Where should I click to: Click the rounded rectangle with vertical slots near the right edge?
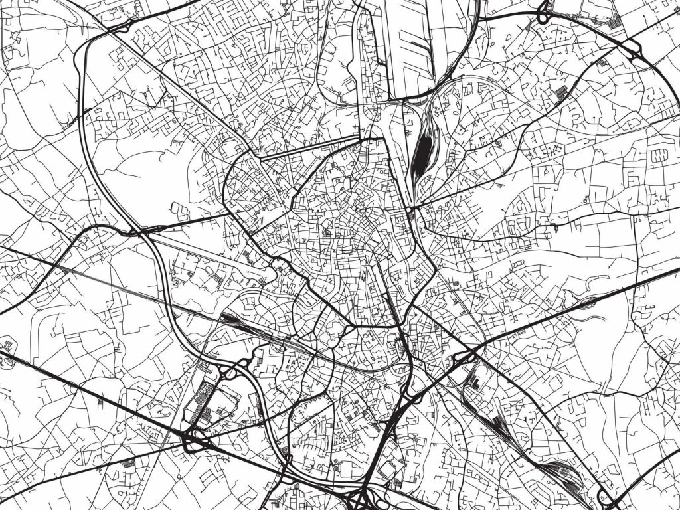click(x=659, y=155)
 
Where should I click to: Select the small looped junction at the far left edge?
click(x=8, y=346)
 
